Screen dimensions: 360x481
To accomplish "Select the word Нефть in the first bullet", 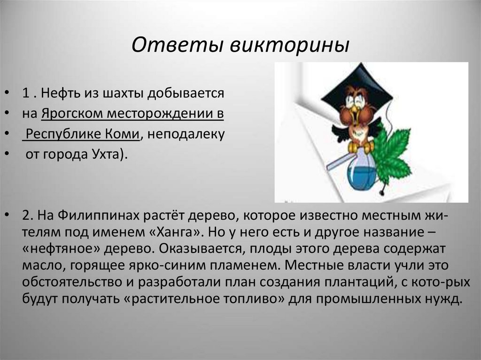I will coord(60,92).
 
